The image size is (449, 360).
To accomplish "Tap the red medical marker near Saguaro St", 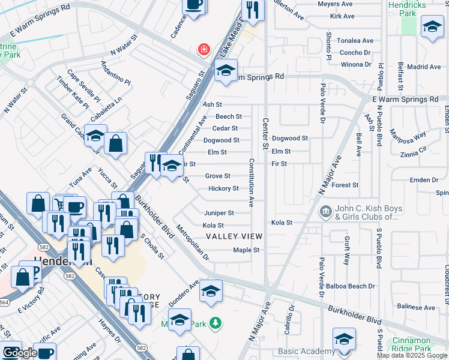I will pyautogui.click(x=204, y=49).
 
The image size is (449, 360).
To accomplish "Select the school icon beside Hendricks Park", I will pyautogui.click(x=431, y=28).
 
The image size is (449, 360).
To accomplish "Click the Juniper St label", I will pyautogui.click(x=218, y=213).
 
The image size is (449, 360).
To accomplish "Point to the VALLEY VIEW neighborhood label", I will pyautogui.click(x=234, y=237).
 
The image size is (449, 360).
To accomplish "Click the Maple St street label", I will pyautogui.click(x=246, y=250).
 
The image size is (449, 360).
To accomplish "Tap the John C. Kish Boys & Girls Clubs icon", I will pyautogui.click(x=325, y=211).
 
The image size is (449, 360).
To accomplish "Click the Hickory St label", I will pyautogui.click(x=223, y=188).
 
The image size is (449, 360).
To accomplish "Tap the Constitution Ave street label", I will pyautogui.click(x=252, y=183).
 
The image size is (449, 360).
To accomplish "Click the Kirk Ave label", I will pyautogui.click(x=342, y=16).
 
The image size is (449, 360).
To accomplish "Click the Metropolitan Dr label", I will pyautogui.click(x=192, y=242).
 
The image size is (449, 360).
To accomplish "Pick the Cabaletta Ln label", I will pyautogui.click(x=107, y=107).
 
